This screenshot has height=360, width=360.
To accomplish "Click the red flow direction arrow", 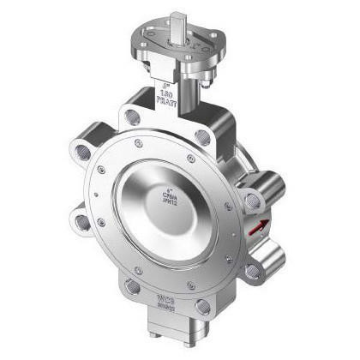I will click(255, 228).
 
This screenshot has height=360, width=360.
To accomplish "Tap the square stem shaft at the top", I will click(178, 20).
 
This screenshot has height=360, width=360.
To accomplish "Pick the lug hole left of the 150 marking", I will click(130, 113).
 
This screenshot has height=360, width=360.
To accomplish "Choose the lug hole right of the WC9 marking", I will click(203, 306).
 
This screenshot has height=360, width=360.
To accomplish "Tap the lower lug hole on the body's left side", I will click(82, 224).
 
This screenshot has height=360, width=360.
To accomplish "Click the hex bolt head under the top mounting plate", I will click(204, 79).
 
